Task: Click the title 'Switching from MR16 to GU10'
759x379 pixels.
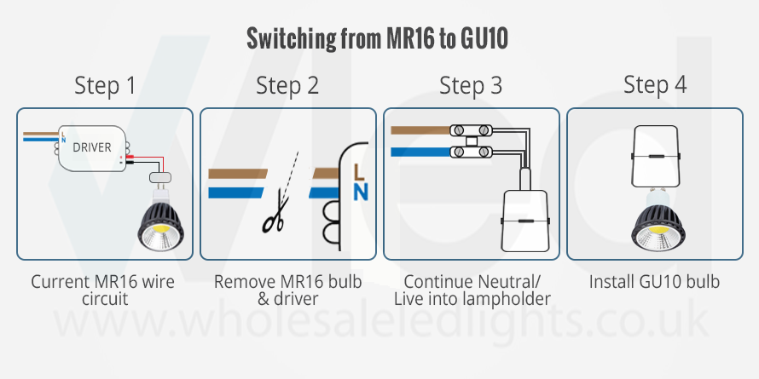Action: [x=380, y=38]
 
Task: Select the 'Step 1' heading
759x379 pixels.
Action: [x=105, y=85]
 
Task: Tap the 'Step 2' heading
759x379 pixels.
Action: [x=287, y=85]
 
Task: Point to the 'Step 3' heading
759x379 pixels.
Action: [x=471, y=85]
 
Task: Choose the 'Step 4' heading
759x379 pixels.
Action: [x=654, y=85]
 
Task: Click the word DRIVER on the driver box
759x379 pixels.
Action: [x=91, y=147]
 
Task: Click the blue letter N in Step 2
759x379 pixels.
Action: [x=360, y=192]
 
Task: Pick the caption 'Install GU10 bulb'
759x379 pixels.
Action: [x=654, y=281]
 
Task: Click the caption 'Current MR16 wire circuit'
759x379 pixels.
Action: [x=105, y=290]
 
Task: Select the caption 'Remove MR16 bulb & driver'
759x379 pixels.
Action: [x=287, y=290]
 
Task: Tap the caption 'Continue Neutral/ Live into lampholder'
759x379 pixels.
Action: [x=472, y=290]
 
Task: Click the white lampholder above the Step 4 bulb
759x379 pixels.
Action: [x=654, y=158]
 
